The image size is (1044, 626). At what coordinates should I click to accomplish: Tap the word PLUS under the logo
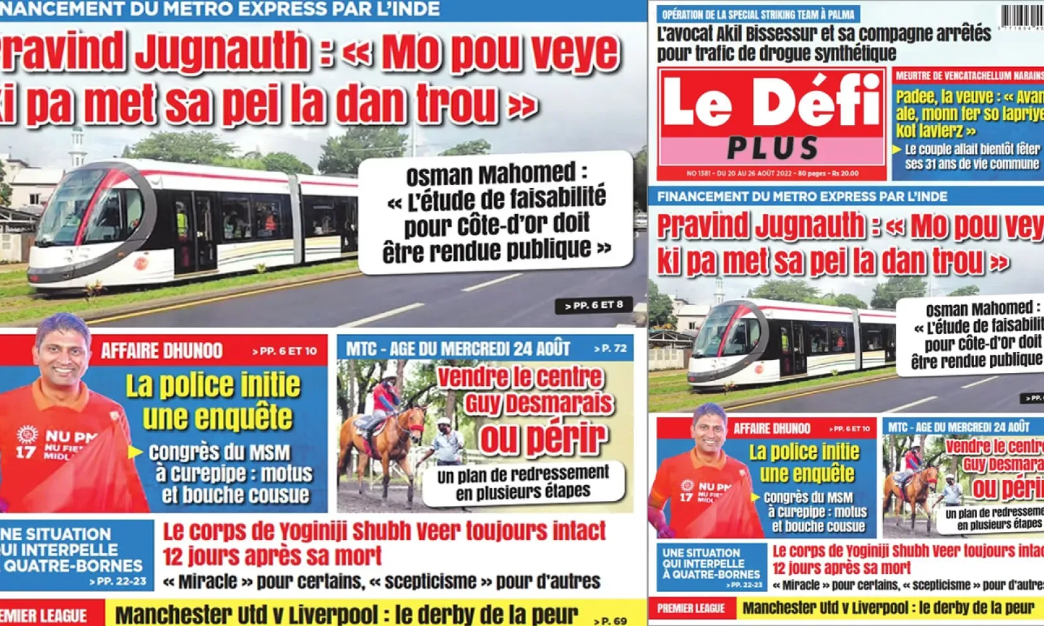pyautogui.click(x=773, y=149)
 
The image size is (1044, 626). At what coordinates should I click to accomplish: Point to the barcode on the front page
pyautogui.click(x=1022, y=16)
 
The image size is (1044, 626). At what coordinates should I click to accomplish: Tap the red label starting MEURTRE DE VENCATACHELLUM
pyautogui.click(x=969, y=76)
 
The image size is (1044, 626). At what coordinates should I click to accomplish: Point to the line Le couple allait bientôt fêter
pyautogui.click(x=972, y=149)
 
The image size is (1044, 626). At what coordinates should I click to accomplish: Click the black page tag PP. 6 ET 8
pyautogui.click(x=593, y=305)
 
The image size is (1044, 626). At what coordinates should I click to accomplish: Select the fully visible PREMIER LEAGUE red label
pyautogui.click(x=691, y=608)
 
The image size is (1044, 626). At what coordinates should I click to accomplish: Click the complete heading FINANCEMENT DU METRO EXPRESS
pyautogui.click(x=802, y=196)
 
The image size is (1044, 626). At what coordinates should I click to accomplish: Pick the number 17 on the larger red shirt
pyautogui.click(x=25, y=451)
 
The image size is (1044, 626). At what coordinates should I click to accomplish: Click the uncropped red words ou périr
pyautogui.click(x=544, y=438)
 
